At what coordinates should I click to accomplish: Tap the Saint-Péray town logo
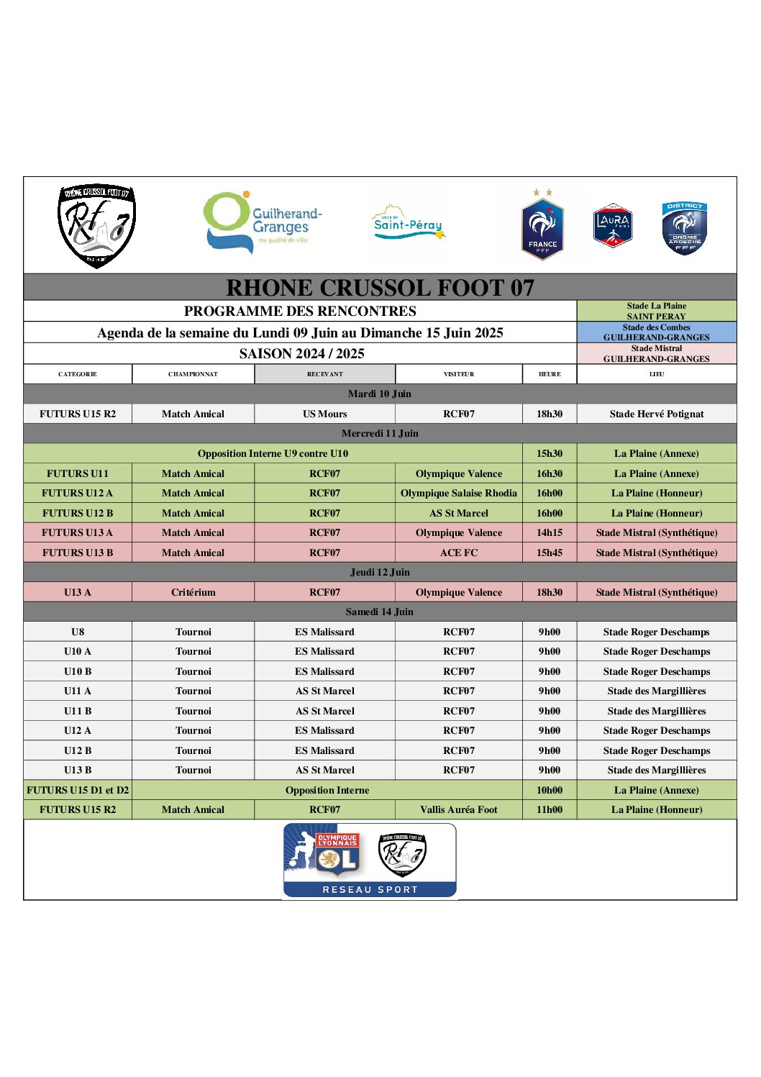click(408, 223)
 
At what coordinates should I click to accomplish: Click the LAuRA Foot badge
click(612, 225)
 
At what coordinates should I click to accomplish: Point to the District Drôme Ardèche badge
click(684, 227)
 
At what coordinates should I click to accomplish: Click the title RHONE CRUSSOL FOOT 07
click(380, 288)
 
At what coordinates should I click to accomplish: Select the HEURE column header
click(550, 374)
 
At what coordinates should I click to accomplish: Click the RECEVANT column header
click(325, 374)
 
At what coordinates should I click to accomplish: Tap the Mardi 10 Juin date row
click(380, 394)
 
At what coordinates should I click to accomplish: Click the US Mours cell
click(325, 414)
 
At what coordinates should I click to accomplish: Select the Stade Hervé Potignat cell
click(657, 414)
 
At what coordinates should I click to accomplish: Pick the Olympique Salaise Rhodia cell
click(459, 493)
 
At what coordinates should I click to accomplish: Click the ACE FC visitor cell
click(459, 553)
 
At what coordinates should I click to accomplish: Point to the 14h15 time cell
click(550, 532)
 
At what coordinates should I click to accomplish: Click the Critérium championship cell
click(193, 592)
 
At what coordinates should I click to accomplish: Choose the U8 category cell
click(78, 632)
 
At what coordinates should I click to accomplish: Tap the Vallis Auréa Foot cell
click(459, 809)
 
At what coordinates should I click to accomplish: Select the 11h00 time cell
click(550, 809)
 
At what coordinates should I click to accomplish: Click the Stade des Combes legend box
click(657, 332)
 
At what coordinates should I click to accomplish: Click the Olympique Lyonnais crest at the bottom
click(337, 854)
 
